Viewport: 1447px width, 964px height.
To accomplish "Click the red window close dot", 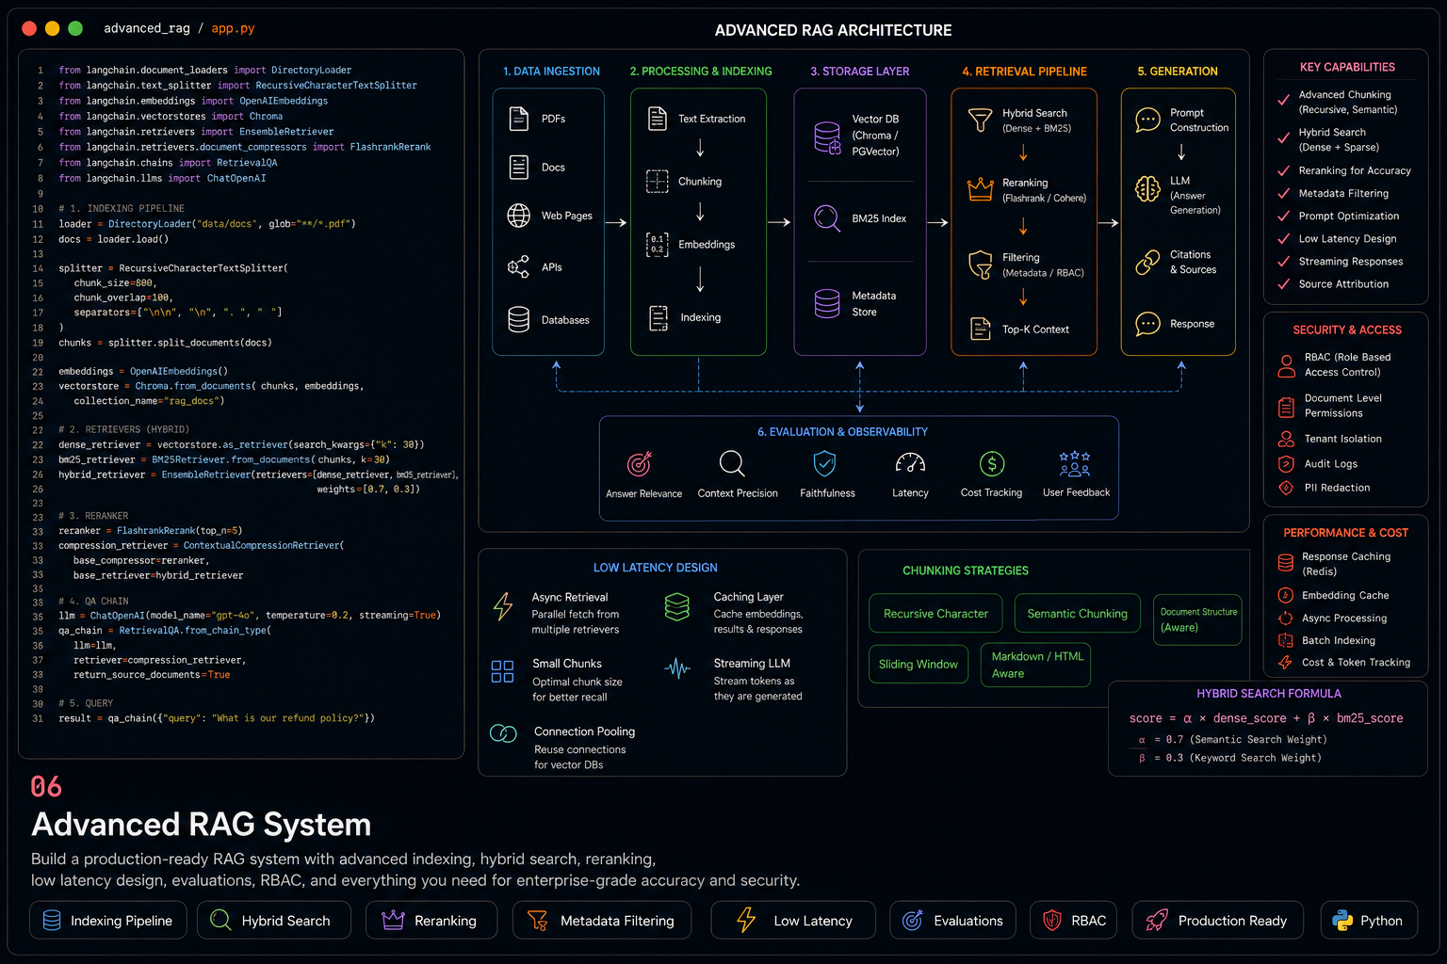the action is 29,28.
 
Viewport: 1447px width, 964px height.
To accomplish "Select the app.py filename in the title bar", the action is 234,28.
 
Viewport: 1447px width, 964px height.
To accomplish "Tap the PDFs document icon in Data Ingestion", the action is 519,119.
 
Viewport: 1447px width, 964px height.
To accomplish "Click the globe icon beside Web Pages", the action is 519,216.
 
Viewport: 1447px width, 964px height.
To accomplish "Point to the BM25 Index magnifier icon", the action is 827,218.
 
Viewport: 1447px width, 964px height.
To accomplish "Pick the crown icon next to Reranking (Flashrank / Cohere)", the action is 980,189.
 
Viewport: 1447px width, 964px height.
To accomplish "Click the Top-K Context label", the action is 1035,329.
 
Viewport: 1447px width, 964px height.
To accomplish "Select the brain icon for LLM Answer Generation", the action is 1148,189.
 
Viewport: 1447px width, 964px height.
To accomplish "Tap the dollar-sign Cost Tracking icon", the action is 992,463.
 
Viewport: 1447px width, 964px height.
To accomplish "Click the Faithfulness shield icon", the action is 825,463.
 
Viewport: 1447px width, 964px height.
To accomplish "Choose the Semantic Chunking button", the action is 1078,614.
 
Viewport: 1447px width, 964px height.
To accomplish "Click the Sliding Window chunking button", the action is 918,664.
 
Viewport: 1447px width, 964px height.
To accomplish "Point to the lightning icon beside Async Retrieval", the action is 503,606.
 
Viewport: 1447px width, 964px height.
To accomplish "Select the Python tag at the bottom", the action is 1369,920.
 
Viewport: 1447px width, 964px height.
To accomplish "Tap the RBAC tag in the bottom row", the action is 1073,920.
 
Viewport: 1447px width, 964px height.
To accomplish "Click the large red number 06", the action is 46,786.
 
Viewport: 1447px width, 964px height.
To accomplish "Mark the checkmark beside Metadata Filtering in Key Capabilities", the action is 1284,193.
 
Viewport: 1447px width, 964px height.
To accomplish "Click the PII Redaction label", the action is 1337,488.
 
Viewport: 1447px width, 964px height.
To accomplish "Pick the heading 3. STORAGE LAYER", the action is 860,71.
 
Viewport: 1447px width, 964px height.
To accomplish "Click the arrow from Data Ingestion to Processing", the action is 615,223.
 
